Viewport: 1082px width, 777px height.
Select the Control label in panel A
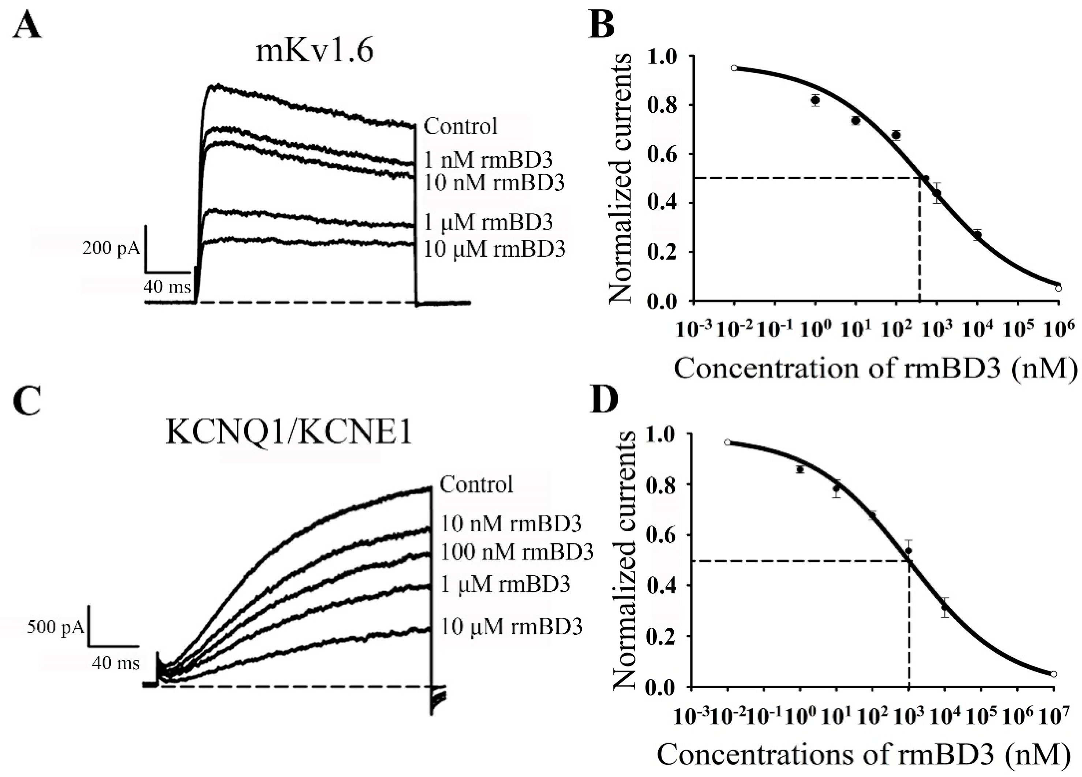click(x=461, y=126)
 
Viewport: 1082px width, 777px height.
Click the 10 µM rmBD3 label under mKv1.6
click(x=494, y=248)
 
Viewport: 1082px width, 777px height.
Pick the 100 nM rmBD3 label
click(x=517, y=552)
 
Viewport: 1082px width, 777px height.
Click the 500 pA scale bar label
click(x=55, y=627)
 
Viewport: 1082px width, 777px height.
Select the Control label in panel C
click(x=476, y=484)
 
